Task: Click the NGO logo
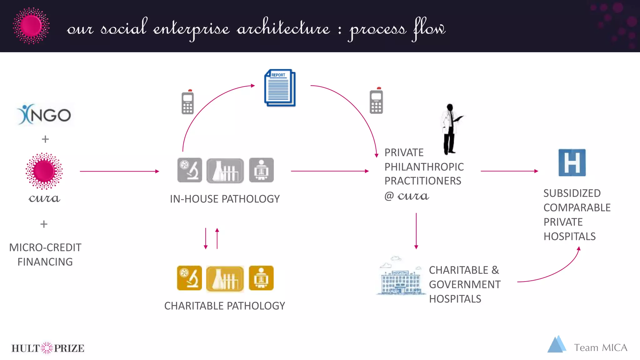tap(44, 115)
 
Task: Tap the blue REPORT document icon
tap(280, 88)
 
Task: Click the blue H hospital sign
tap(572, 162)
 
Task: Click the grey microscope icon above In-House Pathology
tap(190, 170)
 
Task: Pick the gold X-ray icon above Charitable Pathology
tap(261, 278)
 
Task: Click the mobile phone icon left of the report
tap(187, 102)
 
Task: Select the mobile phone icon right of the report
tap(376, 101)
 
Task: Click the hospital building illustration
tap(401, 277)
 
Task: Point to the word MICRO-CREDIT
tap(45, 247)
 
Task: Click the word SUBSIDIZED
tap(572, 193)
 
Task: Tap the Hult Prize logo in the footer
tap(47, 348)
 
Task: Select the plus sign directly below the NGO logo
tap(45, 139)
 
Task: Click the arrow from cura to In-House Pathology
tap(119, 171)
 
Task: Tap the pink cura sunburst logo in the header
tap(31, 26)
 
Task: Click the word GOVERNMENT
tap(465, 284)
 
